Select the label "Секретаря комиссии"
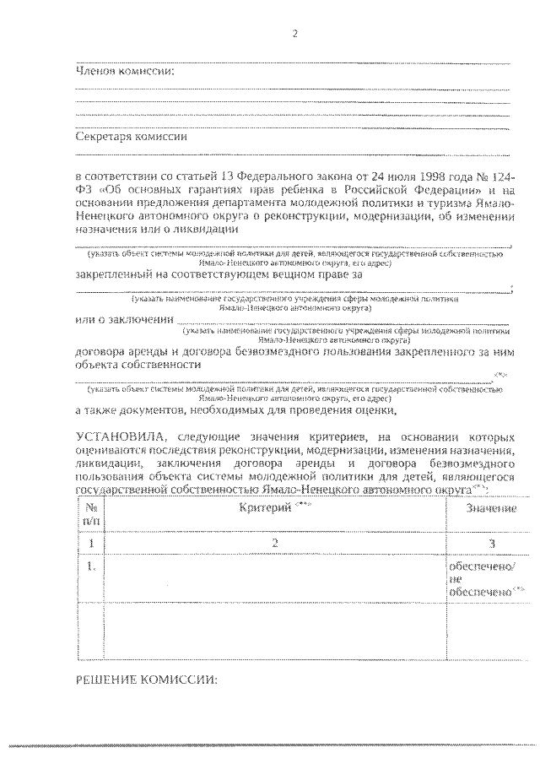132,136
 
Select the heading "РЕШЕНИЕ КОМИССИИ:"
147,678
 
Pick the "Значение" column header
492,509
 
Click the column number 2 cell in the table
275,543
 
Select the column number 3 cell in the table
492,544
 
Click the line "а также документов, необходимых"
236,411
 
